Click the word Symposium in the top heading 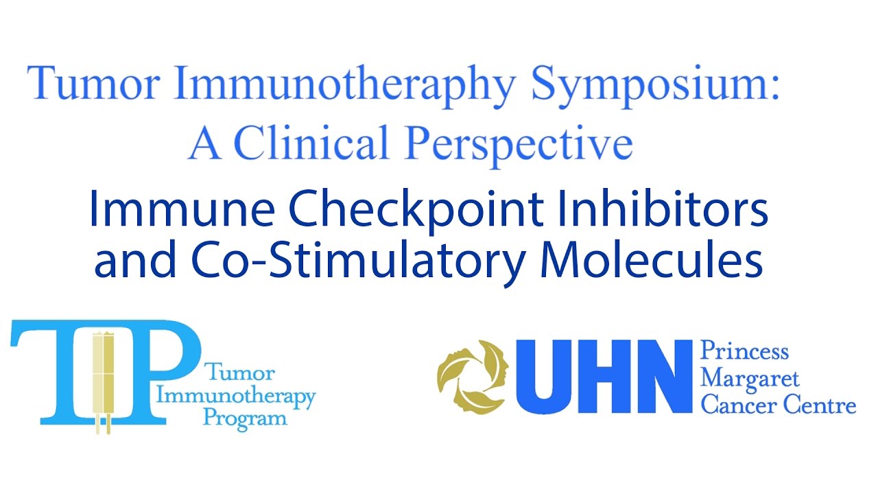click(x=655, y=84)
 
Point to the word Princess click(x=744, y=353)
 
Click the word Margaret click(x=750, y=378)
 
